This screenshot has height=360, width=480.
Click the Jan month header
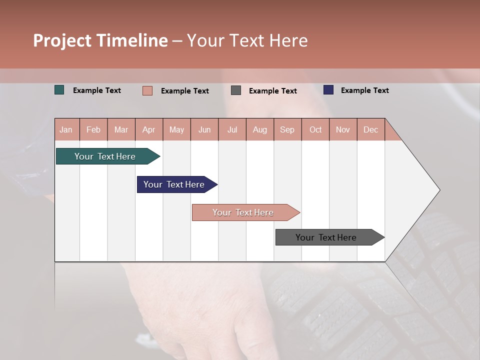(x=66, y=129)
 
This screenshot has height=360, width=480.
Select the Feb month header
(x=93, y=129)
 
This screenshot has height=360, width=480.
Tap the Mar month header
(x=121, y=129)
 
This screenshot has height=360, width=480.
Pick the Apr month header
(x=149, y=129)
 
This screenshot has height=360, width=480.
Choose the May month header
(x=176, y=129)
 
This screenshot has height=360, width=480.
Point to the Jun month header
(x=204, y=129)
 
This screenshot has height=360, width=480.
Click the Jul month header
(x=232, y=129)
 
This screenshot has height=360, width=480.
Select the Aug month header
(x=260, y=129)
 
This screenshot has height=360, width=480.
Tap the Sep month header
(x=287, y=129)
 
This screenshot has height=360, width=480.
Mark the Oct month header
(x=315, y=129)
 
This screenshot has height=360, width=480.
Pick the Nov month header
(x=343, y=129)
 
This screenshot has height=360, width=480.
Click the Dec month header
(x=371, y=129)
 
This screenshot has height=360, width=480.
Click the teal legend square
(x=59, y=90)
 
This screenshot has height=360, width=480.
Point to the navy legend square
(x=328, y=90)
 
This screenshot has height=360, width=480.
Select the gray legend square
(x=236, y=90)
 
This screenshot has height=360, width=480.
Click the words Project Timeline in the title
(x=100, y=40)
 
